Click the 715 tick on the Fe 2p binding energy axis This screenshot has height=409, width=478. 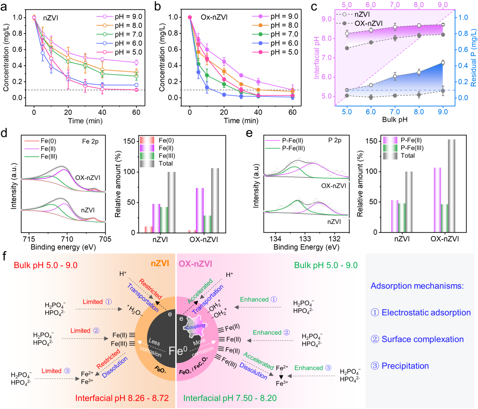coord(29,239)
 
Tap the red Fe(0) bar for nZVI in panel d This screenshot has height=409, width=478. coord(149,230)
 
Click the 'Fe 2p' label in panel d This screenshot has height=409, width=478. coord(90,141)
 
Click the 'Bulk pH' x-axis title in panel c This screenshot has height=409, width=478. coord(394,120)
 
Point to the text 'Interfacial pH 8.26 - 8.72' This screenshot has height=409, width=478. coord(122,398)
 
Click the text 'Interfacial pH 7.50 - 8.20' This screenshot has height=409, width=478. coord(230,398)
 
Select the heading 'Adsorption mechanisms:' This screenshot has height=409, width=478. coord(417,286)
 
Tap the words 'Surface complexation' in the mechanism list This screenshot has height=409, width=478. coord(423,339)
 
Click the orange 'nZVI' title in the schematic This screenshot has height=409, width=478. coord(160,263)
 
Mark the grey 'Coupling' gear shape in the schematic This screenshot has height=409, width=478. coord(195,326)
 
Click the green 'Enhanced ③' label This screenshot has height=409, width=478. coord(313,368)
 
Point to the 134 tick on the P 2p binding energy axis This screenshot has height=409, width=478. coord(276,239)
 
